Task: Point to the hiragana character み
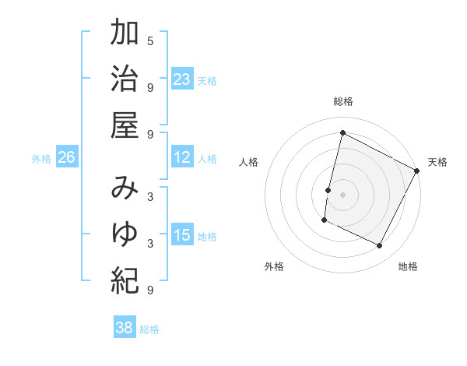[125, 188]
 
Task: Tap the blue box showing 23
[182, 79]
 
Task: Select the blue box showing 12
[182, 158]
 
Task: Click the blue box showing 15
[182, 236]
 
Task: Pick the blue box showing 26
[66, 158]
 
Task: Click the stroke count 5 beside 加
[150, 40]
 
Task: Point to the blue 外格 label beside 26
[41, 159]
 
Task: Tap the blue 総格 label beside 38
[149, 329]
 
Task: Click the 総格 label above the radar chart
[343, 101]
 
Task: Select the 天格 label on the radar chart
[437, 162]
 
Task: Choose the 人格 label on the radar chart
[249, 162]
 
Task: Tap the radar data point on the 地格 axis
[380, 246]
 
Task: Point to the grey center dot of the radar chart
[343, 194]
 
